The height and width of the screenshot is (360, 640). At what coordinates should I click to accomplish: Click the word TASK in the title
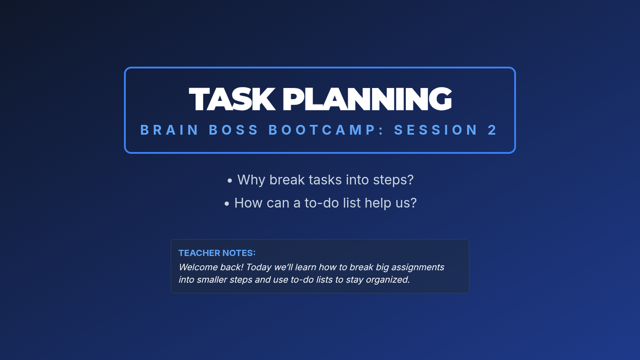(x=232, y=99)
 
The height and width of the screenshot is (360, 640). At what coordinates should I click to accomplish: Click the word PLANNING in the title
(x=367, y=99)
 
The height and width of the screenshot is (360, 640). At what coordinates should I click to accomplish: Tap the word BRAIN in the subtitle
(x=169, y=130)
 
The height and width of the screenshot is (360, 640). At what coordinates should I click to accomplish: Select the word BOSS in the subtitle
(x=234, y=130)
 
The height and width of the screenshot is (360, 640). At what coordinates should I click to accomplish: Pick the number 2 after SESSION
(x=492, y=130)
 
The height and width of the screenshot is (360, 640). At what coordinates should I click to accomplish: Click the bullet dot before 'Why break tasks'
(x=230, y=181)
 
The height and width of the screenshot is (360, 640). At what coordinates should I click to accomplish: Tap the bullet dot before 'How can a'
(x=227, y=204)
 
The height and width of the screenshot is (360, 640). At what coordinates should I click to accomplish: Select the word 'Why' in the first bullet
(x=251, y=180)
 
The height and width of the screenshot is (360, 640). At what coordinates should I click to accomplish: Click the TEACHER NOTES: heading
(x=217, y=253)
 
